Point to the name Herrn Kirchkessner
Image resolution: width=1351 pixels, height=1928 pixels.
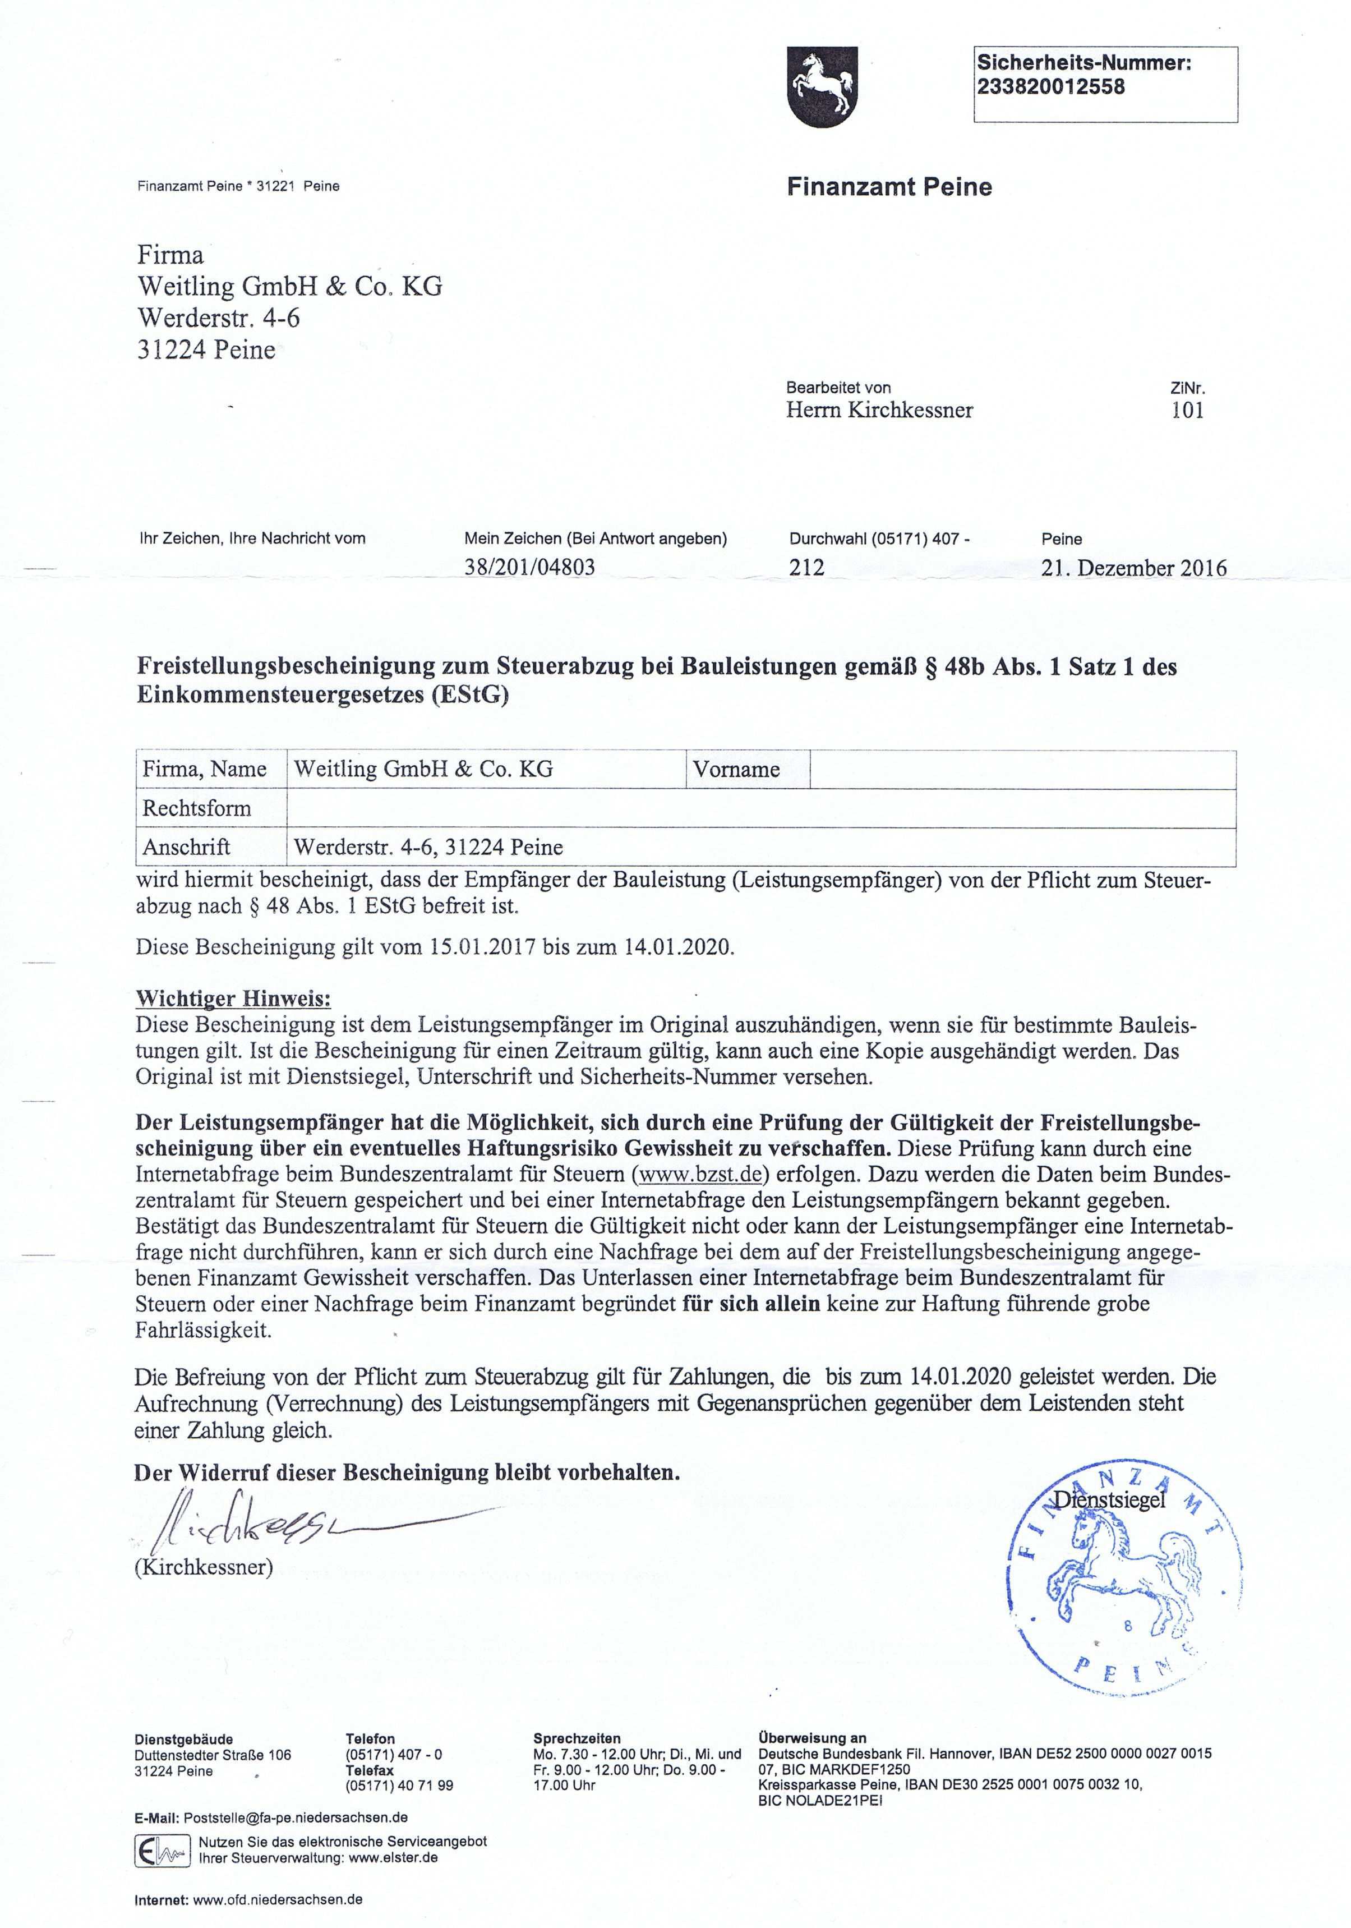coord(879,411)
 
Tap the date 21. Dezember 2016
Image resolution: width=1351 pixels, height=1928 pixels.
coord(1133,568)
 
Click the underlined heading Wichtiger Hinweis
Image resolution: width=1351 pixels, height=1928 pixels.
coord(233,999)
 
